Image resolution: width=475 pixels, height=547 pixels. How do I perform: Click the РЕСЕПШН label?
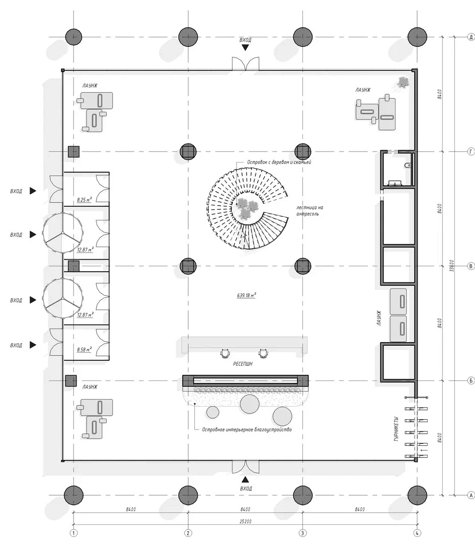point(243,364)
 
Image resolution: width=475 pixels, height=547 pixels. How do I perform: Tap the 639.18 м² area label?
point(246,295)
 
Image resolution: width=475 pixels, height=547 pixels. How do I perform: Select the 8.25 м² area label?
point(85,200)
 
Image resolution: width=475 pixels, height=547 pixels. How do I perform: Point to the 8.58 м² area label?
point(85,349)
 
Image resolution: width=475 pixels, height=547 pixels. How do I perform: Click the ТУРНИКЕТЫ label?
point(396,429)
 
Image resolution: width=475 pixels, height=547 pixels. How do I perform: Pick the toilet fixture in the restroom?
point(408,166)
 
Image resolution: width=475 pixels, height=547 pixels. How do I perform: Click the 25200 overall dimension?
point(246,521)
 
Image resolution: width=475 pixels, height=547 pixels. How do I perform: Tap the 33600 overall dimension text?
point(452,266)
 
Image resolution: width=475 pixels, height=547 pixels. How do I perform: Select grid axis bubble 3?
point(302,533)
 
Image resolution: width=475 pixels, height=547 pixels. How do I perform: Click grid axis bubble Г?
point(471,151)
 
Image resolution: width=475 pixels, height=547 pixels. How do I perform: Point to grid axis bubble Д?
point(471,37)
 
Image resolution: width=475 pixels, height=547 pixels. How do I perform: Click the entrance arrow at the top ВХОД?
point(246,48)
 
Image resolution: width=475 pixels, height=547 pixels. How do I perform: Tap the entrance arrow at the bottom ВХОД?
point(246,480)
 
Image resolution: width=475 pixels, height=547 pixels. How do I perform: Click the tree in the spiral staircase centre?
point(247,209)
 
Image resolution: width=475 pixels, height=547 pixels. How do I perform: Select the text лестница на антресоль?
point(309,211)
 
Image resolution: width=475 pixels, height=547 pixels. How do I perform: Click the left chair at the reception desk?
point(225,354)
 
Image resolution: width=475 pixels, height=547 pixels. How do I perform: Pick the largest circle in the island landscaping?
point(250,404)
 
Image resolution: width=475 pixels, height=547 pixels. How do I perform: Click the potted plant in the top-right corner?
point(403,83)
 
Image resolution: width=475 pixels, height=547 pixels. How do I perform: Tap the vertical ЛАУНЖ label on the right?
point(379,319)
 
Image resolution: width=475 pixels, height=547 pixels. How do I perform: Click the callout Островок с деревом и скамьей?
point(279,162)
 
